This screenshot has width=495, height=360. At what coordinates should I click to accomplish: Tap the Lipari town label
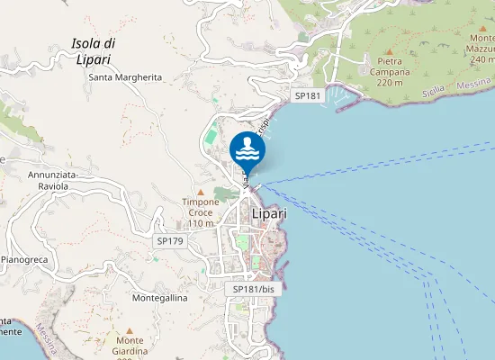pos(269,214)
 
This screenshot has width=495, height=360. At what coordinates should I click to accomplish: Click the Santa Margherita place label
pos(125,77)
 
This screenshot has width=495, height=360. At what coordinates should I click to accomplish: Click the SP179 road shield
pos(169,241)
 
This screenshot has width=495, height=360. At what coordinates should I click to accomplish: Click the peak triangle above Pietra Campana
pos(389,50)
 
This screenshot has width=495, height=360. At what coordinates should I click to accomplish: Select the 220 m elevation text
pos(389,83)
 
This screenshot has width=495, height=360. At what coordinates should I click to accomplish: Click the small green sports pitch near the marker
pos(210,138)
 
